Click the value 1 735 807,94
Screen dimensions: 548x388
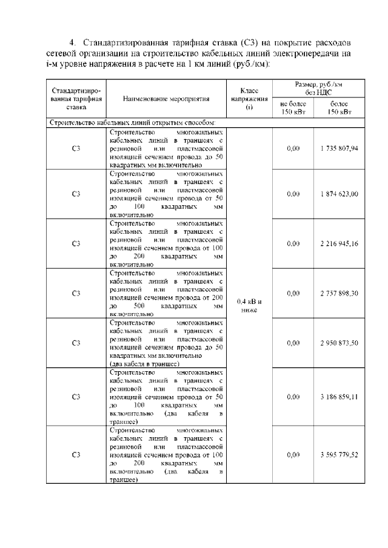(x=339, y=148)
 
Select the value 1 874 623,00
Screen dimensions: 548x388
(x=339, y=194)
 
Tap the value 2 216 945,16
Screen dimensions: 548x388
(x=339, y=243)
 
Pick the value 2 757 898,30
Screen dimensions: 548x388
(x=339, y=293)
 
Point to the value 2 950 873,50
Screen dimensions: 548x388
(x=339, y=343)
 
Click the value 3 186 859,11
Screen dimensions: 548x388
(x=339, y=397)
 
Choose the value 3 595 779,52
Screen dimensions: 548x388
(x=339, y=454)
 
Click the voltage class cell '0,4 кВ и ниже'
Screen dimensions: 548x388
(x=249, y=305)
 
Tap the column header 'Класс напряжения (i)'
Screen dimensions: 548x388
(x=249, y=98)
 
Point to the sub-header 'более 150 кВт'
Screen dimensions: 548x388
(x=339, y=107)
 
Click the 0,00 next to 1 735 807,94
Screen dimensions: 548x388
(x=293, y=148)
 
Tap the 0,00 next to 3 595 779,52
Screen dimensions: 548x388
(x=293, y=454)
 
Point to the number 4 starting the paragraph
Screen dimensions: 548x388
(x=72, y=42)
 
